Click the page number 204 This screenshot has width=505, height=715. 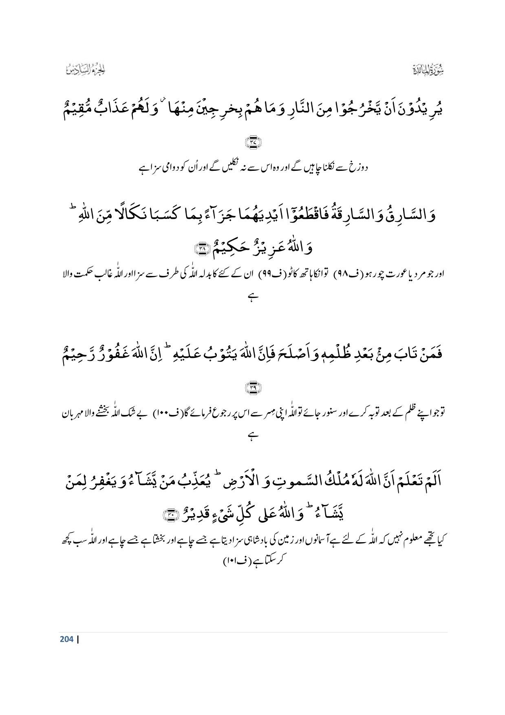pyautogui.click(x=66, y=639)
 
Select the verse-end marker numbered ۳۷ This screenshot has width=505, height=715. pyautogui.click(x=253, y=143)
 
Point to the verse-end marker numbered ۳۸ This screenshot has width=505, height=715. pyautogui.click(x=202, y=248)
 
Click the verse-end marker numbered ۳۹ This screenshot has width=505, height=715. pyautogui.click(x=253, y=387)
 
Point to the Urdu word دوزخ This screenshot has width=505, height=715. pyautogui.click(x=359, y=168)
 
